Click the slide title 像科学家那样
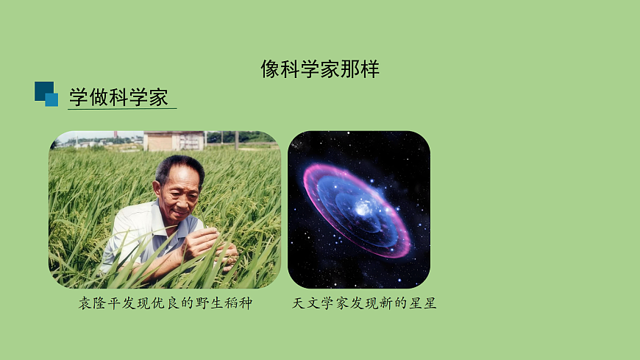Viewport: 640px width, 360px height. coord(320,69)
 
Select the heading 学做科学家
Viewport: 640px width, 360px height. coord(118,97)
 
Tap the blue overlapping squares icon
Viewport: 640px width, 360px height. coord(46,93)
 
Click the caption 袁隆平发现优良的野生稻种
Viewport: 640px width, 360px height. coord(166,303)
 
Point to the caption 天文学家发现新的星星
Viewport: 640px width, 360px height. coord(364,303)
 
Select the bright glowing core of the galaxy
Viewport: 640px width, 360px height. coord(363,208)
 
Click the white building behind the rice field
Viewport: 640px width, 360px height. coord(174,141)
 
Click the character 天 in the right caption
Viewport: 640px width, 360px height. coord(299,303)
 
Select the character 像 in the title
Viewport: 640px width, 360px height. coord(270,69)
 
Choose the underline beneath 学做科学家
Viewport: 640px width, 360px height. coord(122,109)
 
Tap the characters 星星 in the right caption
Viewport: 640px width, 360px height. coord(422,303)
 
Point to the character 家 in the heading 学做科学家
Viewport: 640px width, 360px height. coord(158,97)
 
